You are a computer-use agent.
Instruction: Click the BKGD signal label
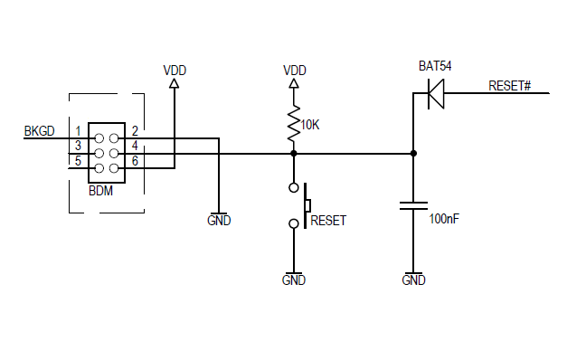pyautogui.click(x=39, y=131)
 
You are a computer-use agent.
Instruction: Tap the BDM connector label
pyautogui.click(x=100, y=192)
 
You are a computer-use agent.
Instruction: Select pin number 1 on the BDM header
pyautogui.click(x=79, y=131)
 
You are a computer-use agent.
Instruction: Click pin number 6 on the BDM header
pyautogui.click(x=134, y=161)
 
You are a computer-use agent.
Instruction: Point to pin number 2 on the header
pyautogui.click(x=134, y=131)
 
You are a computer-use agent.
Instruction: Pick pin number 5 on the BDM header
pyautogui.click(x=79, y=161)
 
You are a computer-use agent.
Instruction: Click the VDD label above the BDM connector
pyautogui.click(x=175, y=70)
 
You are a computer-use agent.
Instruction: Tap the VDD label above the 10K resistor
pyautogui.click(x=295, y=70)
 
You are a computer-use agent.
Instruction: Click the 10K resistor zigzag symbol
pyautogui.click(x=294, y=124)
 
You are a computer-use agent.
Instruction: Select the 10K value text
pyautogui.click(x=310, y=124)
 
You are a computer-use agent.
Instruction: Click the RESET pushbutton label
pyautogui.click(x=328, y=221)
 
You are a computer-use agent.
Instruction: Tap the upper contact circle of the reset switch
pyautogui.click(x=294, y=188)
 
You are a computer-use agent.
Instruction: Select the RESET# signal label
pyautogui.click(x=509, y=86)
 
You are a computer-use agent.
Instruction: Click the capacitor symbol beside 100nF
pyautogui.click(x=413, y=206)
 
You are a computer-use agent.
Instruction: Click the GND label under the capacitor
pyautogui.click(x=413, y=280)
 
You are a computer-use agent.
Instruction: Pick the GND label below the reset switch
pyautogui.click(x=294, y=280)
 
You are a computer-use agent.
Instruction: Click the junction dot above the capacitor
pyautogui.click(x=413, y=153)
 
